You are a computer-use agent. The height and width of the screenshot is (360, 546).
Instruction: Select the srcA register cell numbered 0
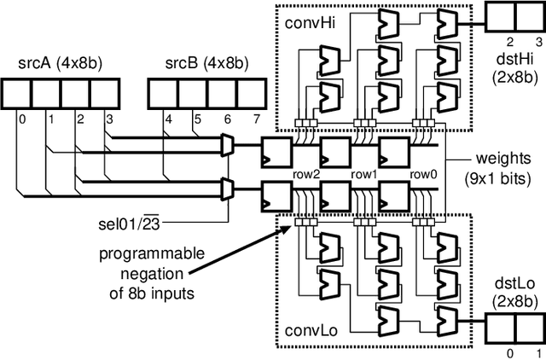click(19, 91)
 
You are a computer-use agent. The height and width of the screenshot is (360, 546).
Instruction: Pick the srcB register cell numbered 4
click(164, 91)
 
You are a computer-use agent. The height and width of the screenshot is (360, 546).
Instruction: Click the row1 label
click(364, 174)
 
